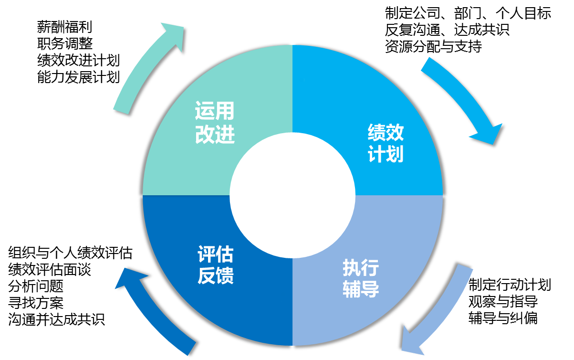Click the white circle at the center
292,195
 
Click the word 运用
215,111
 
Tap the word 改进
215,135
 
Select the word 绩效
386,132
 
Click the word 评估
216,254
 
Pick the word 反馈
216,276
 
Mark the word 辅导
361,290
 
